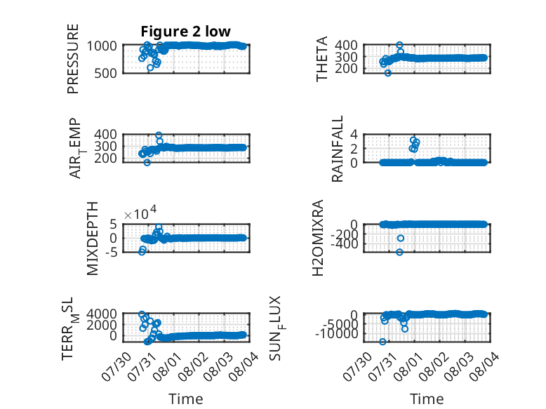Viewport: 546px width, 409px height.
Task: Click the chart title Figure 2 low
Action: tap(185, 32)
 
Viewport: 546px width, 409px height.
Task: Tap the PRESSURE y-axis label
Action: tap(73, 59)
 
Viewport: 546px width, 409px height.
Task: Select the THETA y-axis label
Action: tap(322, 59)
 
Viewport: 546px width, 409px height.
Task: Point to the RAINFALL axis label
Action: tap(338, 149)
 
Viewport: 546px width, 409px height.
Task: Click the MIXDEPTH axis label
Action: tap(92, 239)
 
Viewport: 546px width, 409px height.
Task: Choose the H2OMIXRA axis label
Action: tap(318, 238)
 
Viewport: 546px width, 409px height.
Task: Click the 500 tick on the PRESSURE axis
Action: tap(106, 74)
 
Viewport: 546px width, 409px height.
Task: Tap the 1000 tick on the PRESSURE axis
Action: tap(102, 46)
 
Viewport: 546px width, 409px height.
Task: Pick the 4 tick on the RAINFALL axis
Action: tap(354, 134)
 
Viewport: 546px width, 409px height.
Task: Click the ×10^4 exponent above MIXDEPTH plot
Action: tap(140, 213)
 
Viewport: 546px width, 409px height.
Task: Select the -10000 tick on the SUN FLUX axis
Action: tap(337, 334)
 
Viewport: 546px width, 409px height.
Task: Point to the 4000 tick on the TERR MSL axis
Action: tap(102, 314)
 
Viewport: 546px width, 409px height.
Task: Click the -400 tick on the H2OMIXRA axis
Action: tap(345, 244)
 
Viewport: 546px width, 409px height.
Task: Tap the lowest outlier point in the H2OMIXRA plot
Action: tap(399, 252)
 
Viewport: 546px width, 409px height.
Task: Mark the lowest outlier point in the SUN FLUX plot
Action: tap(382, 342)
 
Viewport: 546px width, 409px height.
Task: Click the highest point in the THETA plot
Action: tap(399, 45)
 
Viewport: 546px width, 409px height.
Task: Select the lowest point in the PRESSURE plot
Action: tap(150, 67)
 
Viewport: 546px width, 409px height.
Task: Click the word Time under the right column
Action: tap(427, 399)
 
